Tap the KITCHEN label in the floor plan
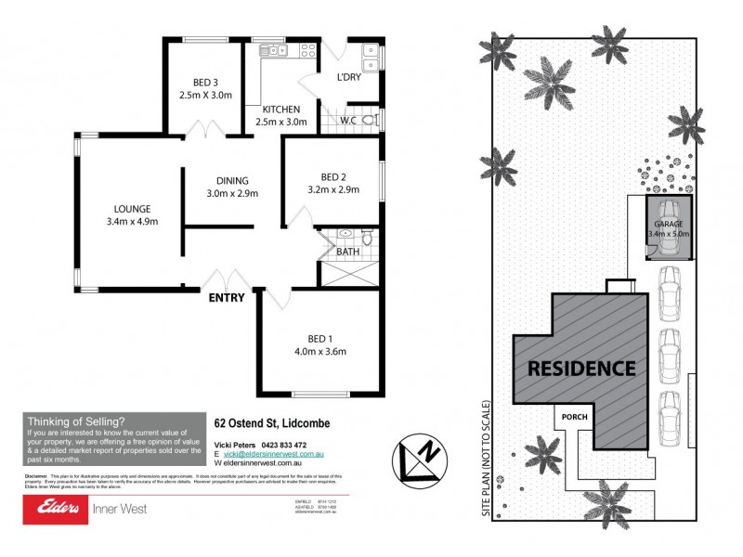280,109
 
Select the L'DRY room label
349,76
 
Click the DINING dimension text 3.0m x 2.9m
231,194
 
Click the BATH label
348,252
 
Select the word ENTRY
228,298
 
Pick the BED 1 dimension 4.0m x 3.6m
319,352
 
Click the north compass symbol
420,457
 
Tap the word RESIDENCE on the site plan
581,368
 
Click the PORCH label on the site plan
573,418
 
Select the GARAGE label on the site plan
669,225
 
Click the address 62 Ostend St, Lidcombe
271,423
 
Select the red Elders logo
58,508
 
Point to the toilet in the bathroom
367,239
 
